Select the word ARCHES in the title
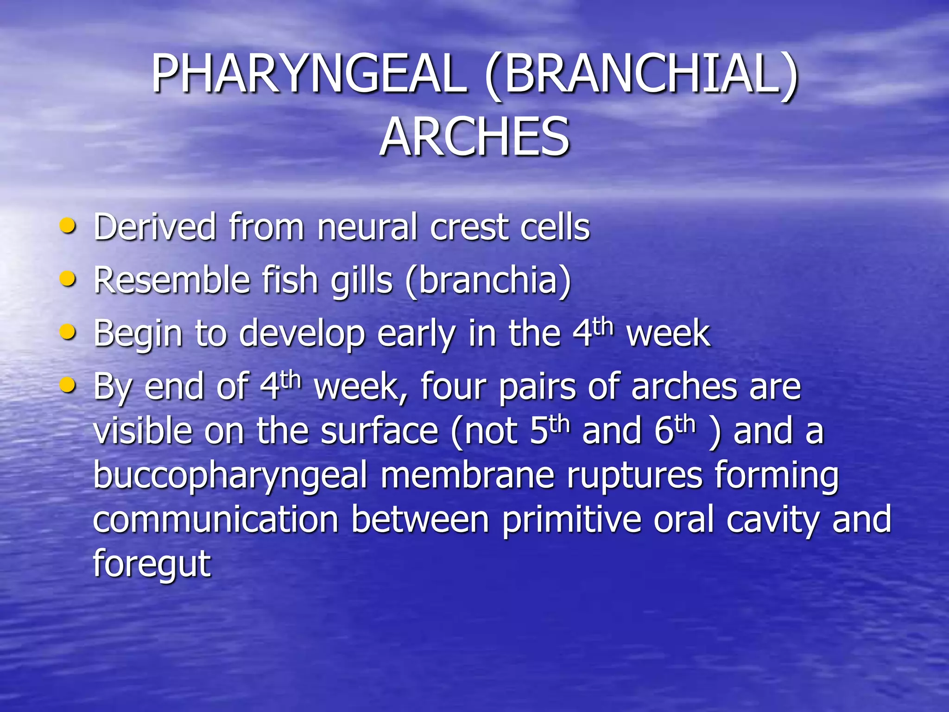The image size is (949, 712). pos(474,137)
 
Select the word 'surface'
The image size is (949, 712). pos(380,431)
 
